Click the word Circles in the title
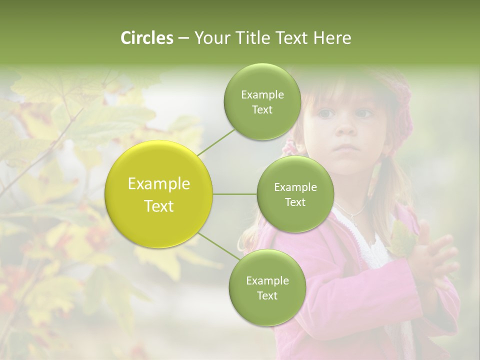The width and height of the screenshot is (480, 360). pos(147,38)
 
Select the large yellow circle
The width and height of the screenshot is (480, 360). pos(159,194)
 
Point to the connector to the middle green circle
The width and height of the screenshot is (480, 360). pos(235,194)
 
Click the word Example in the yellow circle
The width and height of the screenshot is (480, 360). pos(159,184)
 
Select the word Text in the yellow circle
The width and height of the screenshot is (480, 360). pos(159,206)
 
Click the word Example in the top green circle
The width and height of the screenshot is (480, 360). pos(262,95)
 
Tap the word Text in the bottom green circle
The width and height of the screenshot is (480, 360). pos(267,295)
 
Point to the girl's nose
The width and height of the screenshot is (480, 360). pos(345,129)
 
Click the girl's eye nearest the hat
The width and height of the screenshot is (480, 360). pos(366,114)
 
